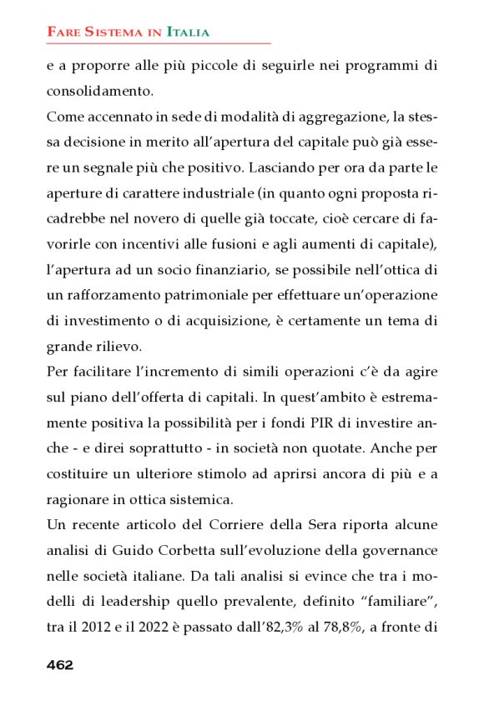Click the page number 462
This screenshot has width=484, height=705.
click(x=60, y=664)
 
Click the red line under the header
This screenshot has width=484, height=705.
click(x=159, y=42)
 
